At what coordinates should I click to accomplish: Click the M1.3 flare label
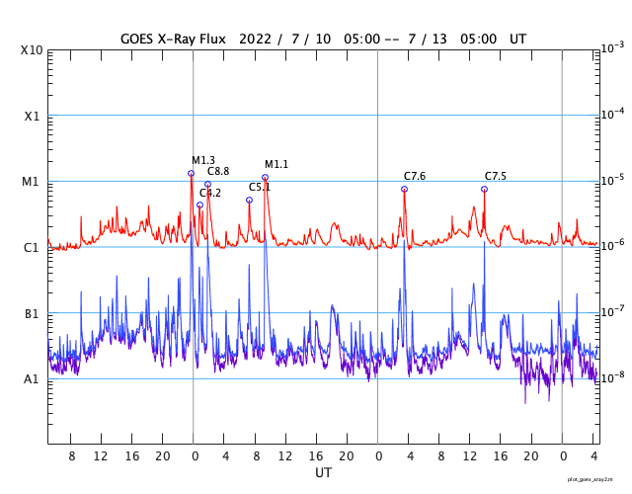point(203,160)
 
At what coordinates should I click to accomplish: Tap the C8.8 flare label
point(218,172)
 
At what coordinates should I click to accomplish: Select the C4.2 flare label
point(210,193)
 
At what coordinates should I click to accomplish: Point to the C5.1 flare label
point(260,187)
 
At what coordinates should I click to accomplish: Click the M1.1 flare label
point(276,164)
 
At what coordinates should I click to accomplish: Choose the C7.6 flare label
point(415,176)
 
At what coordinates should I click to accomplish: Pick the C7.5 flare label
point(496,176)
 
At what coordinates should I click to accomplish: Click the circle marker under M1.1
point(265,178)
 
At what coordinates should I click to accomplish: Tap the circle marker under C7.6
point(404,189)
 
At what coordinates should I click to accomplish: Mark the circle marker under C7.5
point(484,189)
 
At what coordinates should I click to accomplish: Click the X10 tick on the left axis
point(32,50)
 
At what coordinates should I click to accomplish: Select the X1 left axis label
point(32,116)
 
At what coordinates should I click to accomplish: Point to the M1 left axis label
point(32,182)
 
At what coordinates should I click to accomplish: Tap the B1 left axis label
point(32,313)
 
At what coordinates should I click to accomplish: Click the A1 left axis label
point(32,379)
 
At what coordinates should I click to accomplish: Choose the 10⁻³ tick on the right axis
point(612,47)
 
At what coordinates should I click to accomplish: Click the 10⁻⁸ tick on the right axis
point(612,376)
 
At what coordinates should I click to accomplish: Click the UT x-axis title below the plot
point(323,473)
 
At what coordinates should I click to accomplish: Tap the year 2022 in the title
point(253,38)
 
